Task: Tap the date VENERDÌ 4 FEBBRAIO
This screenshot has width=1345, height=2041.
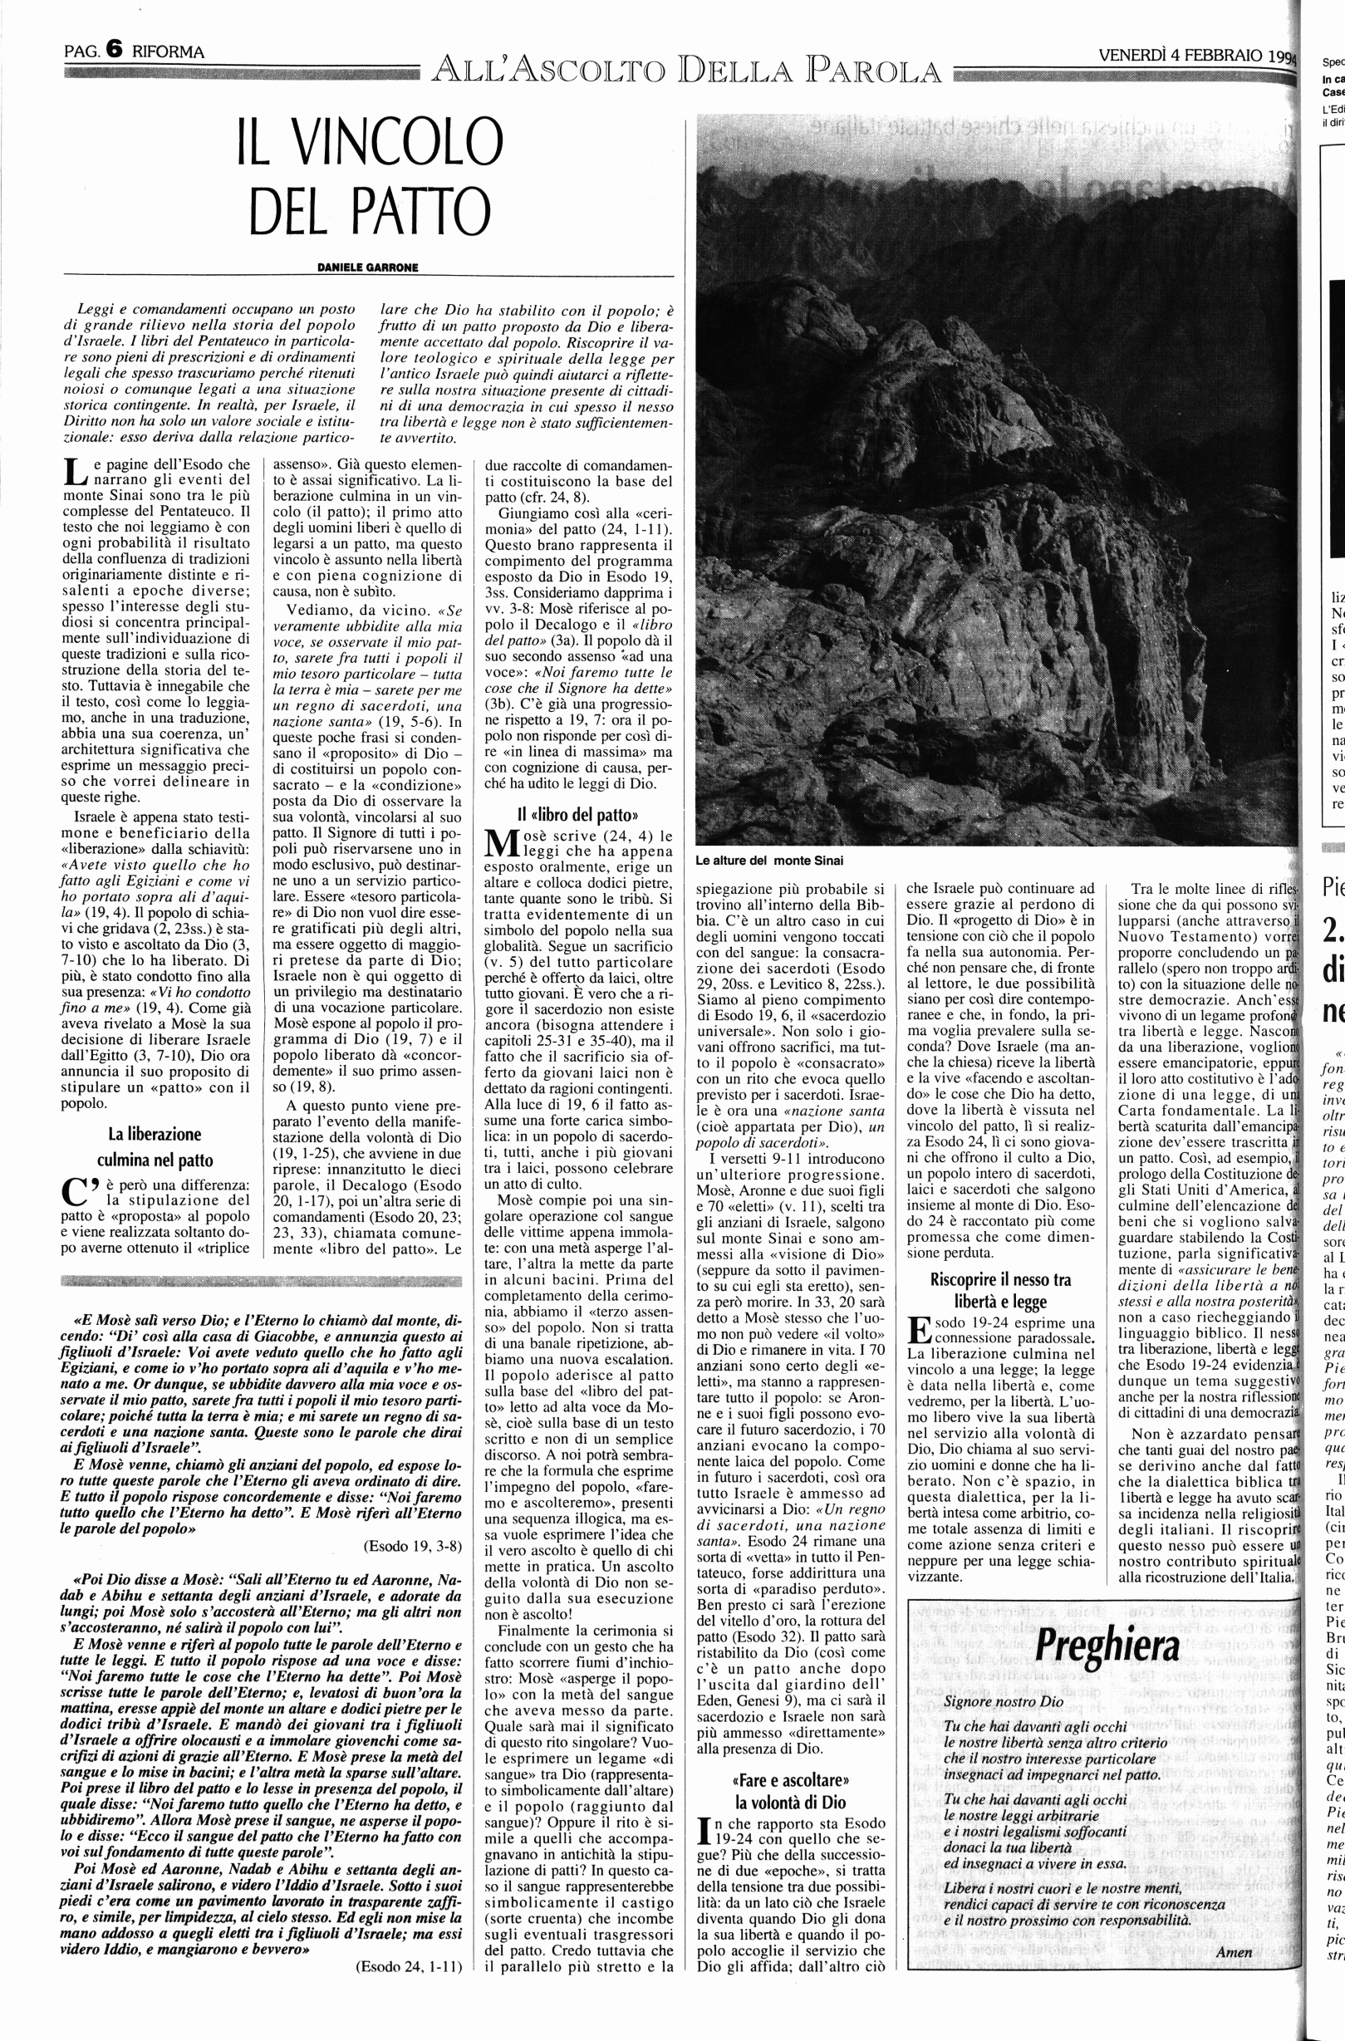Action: click(x=1181, y=55)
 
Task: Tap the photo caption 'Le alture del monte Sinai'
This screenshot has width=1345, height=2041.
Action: click(x=770, y=860)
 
